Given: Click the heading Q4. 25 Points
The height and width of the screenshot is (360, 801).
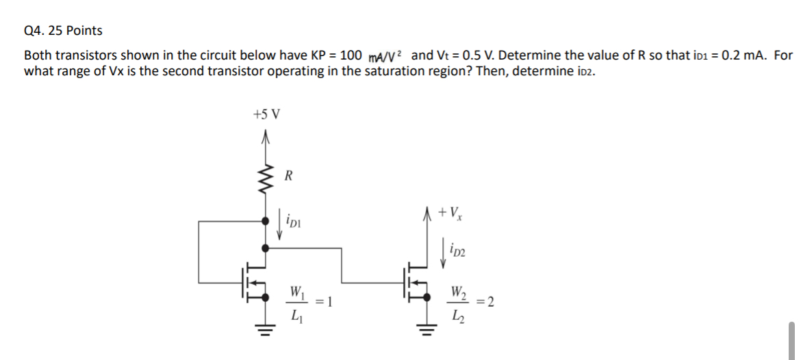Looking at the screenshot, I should pos(63,31).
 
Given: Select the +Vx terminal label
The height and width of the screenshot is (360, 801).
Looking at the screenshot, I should pos(453,213).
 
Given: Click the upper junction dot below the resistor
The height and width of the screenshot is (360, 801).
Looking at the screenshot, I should pos(266,221).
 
